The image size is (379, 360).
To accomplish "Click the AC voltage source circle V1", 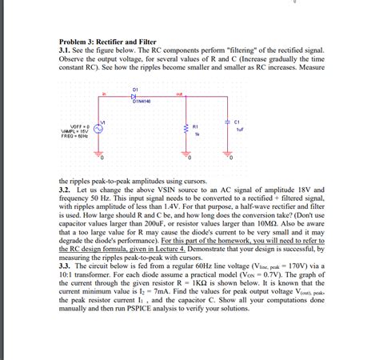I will tap(100, 127).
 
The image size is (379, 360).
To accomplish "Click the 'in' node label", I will tap(103, 93).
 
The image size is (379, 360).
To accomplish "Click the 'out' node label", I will tap(181, 93).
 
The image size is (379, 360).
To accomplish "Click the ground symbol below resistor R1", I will tap(186, 154).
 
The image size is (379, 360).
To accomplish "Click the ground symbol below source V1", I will tap(100, 154).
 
